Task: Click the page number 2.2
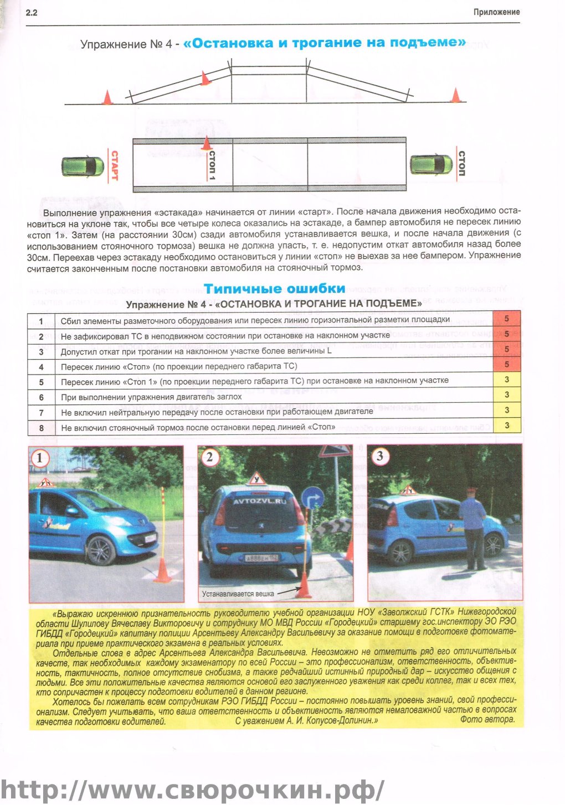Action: coord(32,12)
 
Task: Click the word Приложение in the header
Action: coord(496,12)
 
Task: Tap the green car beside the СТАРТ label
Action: coord(83,166)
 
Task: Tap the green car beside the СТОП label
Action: coord(431,165)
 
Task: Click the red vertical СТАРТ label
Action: coord(115,165)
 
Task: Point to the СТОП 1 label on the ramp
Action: coord(212,165)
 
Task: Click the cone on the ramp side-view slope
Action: coord(206,79)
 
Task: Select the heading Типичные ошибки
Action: coord(275,288)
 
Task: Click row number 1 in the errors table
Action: coord(41,320)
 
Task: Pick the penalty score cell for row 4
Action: coord(506,365)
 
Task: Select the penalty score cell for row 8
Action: coord(506,425)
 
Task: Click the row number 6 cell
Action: coord(41,397)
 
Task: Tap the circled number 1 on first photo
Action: coord(40,458)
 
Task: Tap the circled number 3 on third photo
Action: coord(379,456)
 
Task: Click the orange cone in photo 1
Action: coord(163,570)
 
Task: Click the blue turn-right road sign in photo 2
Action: coord(313,498)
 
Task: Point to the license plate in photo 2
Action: coord(261,558)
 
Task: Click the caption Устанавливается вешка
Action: coord(238,594)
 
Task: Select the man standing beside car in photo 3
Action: coord(473,528)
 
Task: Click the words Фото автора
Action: coord(487,720)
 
